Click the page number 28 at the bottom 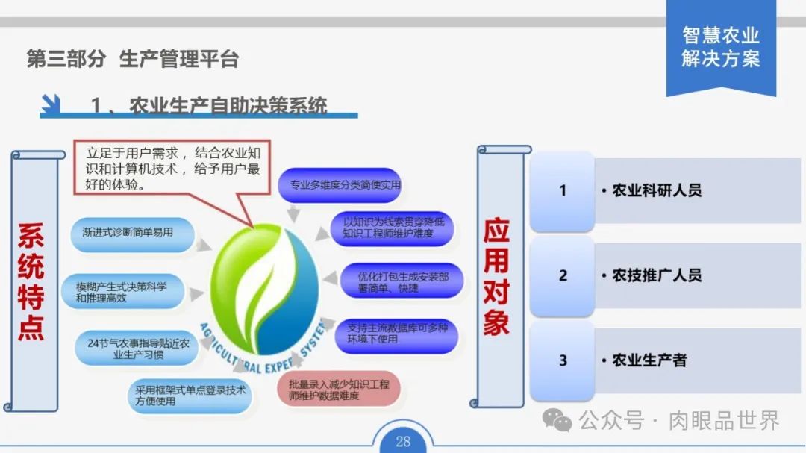click(x=403, y=441)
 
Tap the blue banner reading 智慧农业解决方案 click(x=720, y=47)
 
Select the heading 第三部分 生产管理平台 click(x=133, y=60)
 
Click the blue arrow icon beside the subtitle click(x=51, y=105)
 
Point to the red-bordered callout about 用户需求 click(x=172, y=167)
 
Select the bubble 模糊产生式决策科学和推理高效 click(x=127, y=292)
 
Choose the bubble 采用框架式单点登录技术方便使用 click(x=190, y=395)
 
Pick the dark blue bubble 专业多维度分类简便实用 click(x=340, y=185)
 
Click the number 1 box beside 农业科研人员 click(x=563, y=190)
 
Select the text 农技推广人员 click(x=657, y=275)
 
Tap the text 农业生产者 click(x=649, y=360)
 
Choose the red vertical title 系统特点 click(x=31, y=282)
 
